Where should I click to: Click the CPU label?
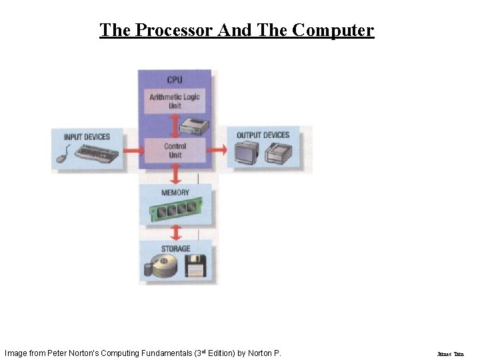(x=175, y=80)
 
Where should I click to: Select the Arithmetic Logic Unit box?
(x=175, y=101)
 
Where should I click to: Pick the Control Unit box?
(x=175, y=151)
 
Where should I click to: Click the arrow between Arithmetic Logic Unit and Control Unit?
(x=175, y=125)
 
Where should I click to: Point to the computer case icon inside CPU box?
(x=197, y=125)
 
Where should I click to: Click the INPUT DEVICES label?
(x=87, y=137)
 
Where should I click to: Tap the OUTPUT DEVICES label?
(x=263, y=135)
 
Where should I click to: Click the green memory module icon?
(x=175, y=211)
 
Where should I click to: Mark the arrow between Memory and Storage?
(x=175, y=233)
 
